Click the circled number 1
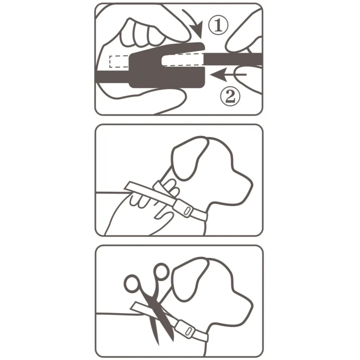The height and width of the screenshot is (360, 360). [218, 25]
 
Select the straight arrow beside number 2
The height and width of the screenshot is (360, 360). [228, 75]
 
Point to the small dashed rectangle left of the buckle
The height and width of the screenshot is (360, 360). [119, 62]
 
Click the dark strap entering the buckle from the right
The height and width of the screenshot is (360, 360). [233, 59]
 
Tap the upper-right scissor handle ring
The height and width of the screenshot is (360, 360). [161, 272]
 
